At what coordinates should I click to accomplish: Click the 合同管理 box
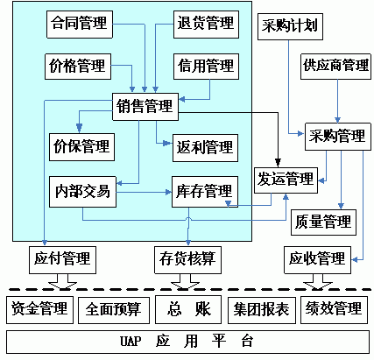click(80, 25)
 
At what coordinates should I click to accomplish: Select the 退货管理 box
click(206, 25)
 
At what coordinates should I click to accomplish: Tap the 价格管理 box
click(78, 67)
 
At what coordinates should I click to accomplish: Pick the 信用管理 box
click(206, 67)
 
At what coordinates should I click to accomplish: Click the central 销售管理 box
click(145, 107)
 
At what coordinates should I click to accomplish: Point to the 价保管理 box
click(81, 147)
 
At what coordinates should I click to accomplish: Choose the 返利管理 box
click(205, 148)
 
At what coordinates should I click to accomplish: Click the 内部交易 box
click(82, 192)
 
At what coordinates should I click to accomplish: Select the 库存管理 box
click(205, 192)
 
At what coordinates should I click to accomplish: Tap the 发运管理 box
click(286, 180)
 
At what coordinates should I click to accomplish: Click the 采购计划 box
click(290, 26)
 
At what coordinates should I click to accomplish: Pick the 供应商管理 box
click(335, 67)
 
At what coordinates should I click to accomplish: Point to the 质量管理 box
click(323, 222)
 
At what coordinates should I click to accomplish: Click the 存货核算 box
click(187, 260)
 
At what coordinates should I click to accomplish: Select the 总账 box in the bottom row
click(188, 309)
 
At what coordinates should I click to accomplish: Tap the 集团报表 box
click(262, 310)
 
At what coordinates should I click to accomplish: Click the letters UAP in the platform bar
click(131, 342)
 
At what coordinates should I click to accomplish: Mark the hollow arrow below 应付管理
click(62, 281)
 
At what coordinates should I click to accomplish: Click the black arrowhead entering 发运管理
click(278, 163)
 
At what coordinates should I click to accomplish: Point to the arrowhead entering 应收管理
click(355, 259)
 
